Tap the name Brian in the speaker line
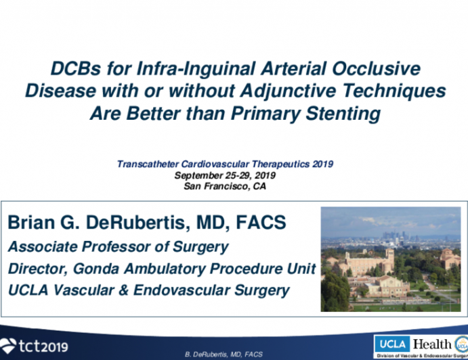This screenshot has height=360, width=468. point(33,223)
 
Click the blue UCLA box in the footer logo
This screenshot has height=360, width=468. point(391,342)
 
